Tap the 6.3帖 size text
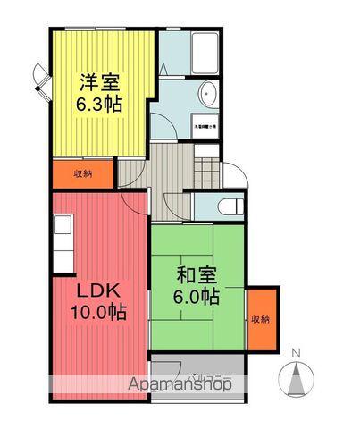(99, 104)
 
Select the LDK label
(97, 291)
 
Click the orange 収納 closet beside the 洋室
(82, 173)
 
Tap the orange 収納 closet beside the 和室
(260, 319)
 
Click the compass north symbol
(297, 376)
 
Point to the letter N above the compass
(298, 352)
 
